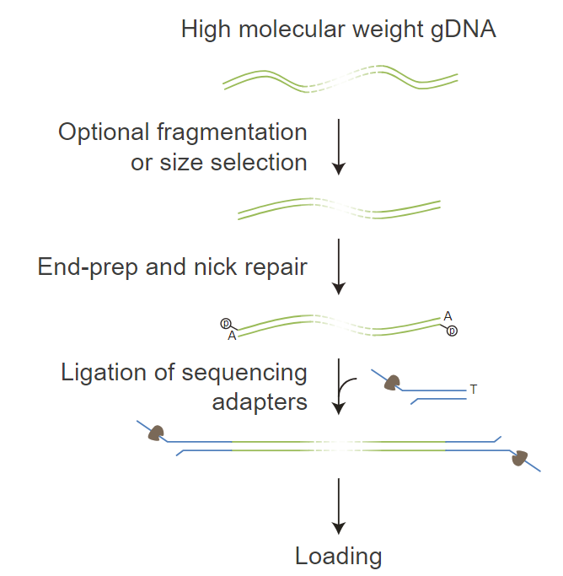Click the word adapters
pos(260,401)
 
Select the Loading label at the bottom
pos(338,556)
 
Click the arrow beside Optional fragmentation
pos(338,147)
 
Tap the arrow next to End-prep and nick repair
pos(338,266)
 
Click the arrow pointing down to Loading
pos(338,506)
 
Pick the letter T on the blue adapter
pos(474,390)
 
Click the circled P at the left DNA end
pos(225,323)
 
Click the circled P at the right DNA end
pos(453,331)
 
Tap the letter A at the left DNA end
pos(232,336)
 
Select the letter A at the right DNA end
pos(448,316)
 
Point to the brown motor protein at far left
pos(155,433)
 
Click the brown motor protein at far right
pos(519,458)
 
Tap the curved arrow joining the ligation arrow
pos(350,386)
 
